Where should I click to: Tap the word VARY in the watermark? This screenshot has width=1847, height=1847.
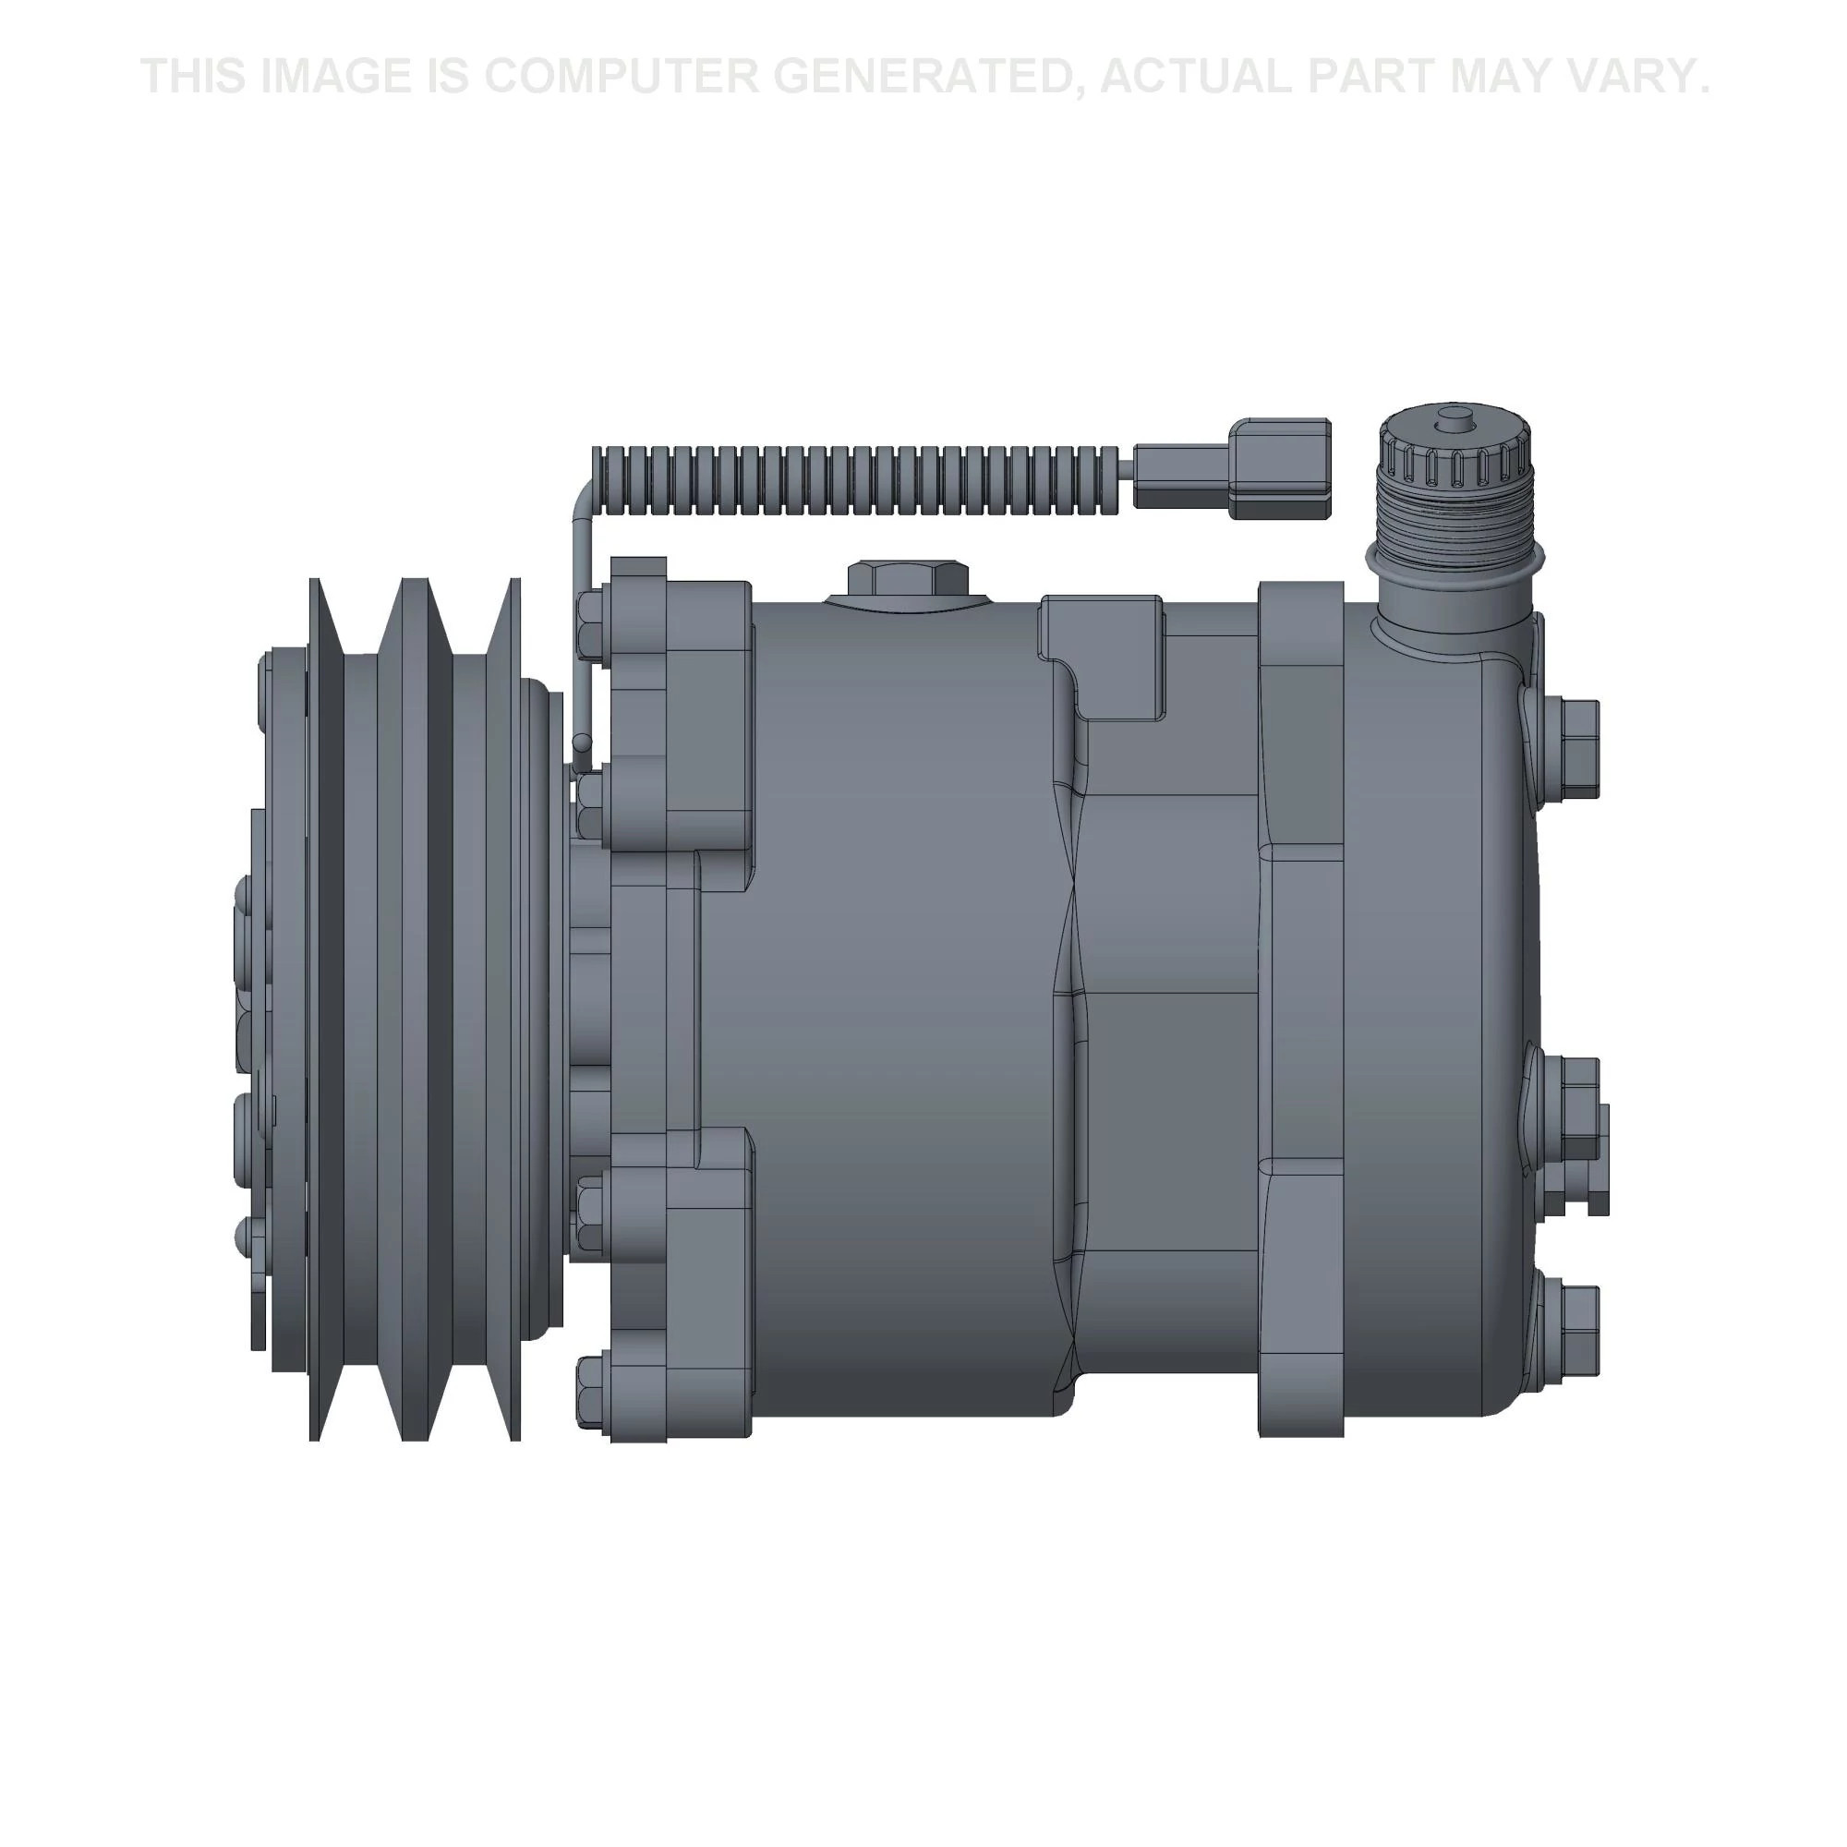tap(1642, 77)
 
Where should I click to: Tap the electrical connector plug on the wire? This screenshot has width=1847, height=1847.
tap(1233, 469)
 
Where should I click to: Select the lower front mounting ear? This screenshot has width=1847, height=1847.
tap(679, 1281)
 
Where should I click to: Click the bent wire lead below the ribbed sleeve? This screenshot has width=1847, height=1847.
tap(581, 622)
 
